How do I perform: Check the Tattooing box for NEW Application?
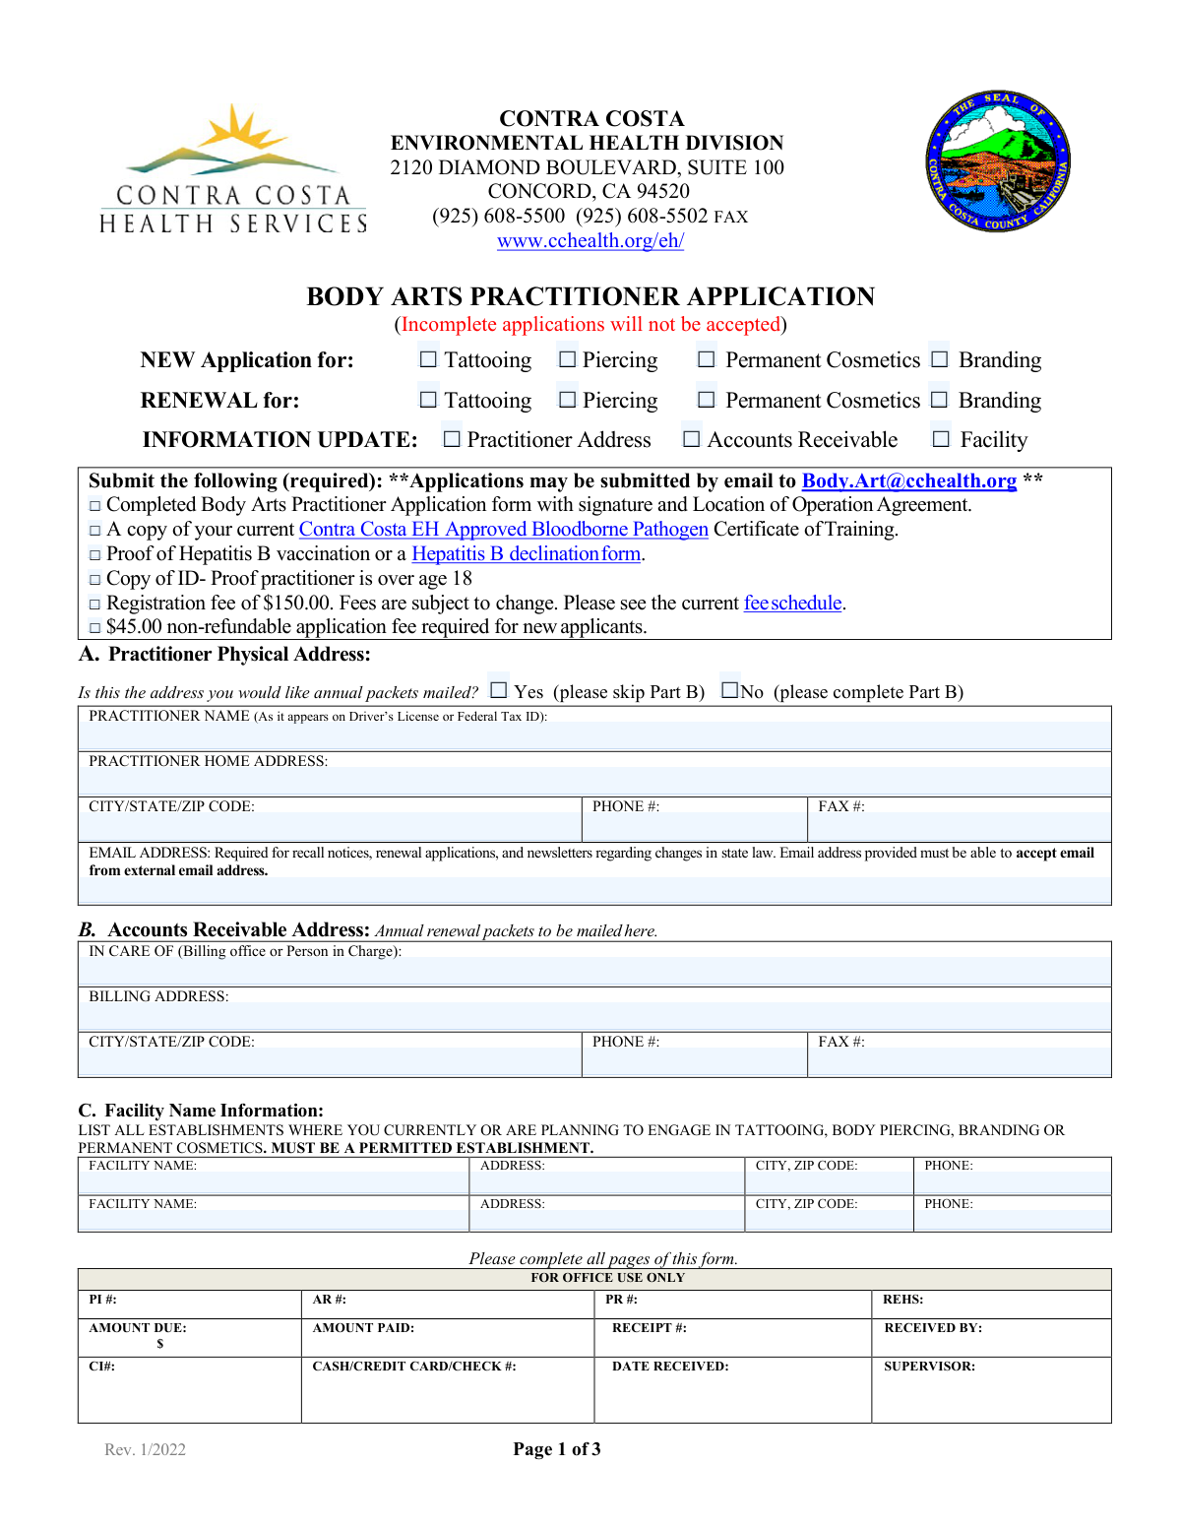[428, 360]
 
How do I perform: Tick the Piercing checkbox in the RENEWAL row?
[567, 400]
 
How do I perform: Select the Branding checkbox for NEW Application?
[940, 360]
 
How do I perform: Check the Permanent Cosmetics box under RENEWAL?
[706, 400]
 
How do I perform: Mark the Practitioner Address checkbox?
[452, 439]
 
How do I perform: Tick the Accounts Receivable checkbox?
[692, 439]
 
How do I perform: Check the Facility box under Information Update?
[942, 439]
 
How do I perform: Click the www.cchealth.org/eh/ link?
[590, 241]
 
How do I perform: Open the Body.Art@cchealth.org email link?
[908, 480]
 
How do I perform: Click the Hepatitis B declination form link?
[527, 553]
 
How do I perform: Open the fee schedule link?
[793, 603]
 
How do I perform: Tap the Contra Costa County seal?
[998, 162]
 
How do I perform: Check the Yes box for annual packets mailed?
[499, 690]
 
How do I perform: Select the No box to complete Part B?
[729, 690]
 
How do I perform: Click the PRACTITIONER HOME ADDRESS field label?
[208, 761]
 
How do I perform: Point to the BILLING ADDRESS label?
[158, 996]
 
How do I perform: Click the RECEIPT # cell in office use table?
[650, 1328]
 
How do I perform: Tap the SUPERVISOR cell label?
[929, 1367]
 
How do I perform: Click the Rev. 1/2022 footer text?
[145, 1449]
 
